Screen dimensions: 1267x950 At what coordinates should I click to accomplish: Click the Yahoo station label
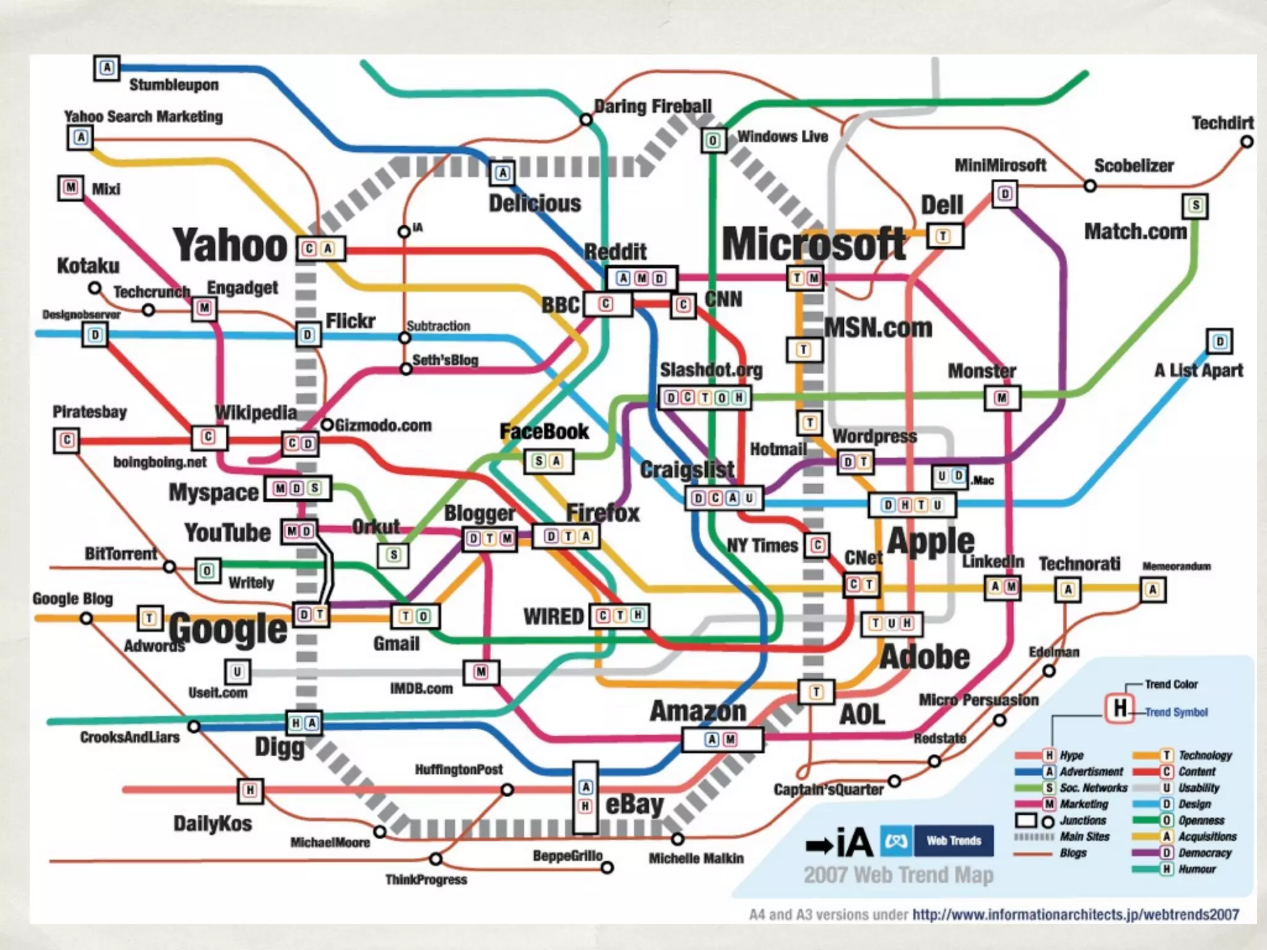pos(230,246)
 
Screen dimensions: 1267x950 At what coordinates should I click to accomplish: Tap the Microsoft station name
pos(814,244)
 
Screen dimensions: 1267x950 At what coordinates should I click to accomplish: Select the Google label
pos(228,629)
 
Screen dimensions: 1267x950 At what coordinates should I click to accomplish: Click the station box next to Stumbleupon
pos(107,67)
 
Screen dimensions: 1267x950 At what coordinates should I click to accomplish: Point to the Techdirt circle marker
pos(1247,142)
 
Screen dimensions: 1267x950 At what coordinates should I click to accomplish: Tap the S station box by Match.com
pos(1195,206)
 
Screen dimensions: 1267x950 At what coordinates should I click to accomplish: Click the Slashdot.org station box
pos(705,398)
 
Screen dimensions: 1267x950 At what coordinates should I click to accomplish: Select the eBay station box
pos(585,797)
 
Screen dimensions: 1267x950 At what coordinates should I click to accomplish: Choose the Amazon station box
pos(722,739)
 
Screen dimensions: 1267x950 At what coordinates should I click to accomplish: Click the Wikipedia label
pos(256,413)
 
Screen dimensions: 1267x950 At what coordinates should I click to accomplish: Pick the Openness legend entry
pos(1201,821)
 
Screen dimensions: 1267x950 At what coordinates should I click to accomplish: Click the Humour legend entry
pos(1197,869)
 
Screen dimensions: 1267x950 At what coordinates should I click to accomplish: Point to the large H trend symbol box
pos(1120,708)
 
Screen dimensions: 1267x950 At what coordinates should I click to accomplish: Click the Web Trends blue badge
pos(953,841)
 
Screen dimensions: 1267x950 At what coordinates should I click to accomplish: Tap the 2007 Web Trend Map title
pos(898,875)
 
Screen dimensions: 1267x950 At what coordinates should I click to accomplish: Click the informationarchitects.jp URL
pos(1076,915)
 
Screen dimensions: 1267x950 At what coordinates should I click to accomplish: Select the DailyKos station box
pos(250,790)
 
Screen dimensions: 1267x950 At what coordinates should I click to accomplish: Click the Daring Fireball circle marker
pos(586,119)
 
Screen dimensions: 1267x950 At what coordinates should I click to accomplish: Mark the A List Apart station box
pos(1219,341)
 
